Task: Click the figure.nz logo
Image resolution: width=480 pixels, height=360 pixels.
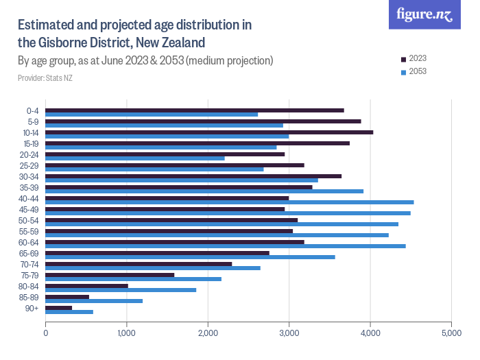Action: pos(424,15)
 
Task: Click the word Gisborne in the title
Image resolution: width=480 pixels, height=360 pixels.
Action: pos(67,43)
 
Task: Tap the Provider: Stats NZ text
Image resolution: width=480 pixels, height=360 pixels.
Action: pos(45,78)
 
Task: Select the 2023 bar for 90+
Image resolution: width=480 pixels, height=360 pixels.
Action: pos(59,307)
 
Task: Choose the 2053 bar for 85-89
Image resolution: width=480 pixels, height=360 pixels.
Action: pos(94,301)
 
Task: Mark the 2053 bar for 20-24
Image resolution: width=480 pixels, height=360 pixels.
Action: pos(135,158)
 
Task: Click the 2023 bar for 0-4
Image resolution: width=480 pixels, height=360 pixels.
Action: pos(195,110)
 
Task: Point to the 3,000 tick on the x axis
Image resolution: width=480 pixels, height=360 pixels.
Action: pos(289,334)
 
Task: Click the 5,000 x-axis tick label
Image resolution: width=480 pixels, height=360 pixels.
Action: pos(451,334)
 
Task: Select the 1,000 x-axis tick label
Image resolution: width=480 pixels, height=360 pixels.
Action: pos(127,334)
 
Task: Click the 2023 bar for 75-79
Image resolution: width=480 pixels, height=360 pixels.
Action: pos(110,275)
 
